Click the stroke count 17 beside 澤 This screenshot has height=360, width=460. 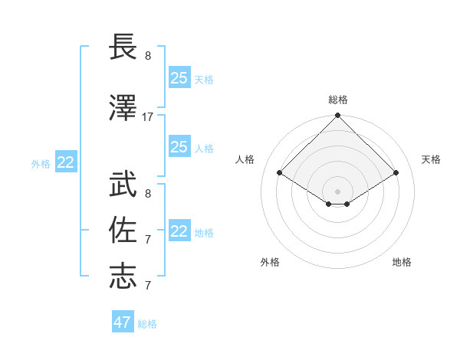[148, 117]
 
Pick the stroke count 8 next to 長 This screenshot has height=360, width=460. [148, 56]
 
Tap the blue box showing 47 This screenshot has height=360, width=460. [123, 322]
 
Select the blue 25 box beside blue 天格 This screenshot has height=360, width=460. [179, 78]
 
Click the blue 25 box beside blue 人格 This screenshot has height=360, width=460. [179, 147]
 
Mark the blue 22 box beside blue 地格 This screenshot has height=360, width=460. [179, 231]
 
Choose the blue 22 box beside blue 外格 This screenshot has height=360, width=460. [66, 162]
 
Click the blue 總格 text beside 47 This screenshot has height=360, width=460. [147, 324]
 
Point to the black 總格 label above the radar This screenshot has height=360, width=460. [337, 100]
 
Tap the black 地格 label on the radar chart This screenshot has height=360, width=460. [402, 262]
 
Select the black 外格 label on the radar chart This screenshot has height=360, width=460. [270, 262]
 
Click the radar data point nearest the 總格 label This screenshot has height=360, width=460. [337, 116]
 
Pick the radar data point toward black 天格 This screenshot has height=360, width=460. [396, 173]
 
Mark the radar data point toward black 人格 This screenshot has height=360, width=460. [279, 173]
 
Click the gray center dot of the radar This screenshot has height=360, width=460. [337, 190]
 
